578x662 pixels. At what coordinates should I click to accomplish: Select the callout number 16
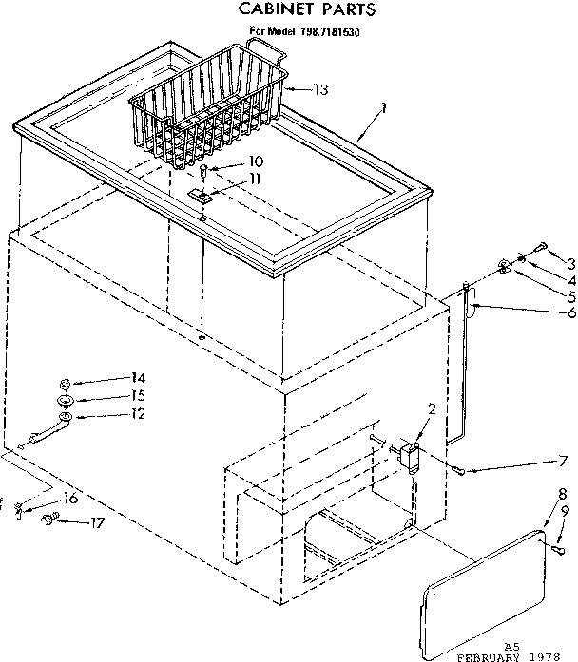pos(70,499)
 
